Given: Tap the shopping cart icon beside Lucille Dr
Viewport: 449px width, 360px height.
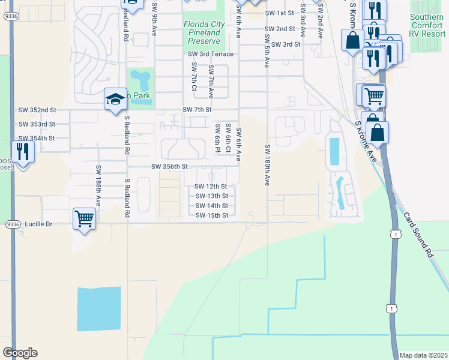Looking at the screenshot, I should [x=84, y=218].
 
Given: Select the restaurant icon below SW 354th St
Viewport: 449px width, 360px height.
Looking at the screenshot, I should [x=23, y=151].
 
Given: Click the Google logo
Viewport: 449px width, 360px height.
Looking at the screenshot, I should [x=20, y=353].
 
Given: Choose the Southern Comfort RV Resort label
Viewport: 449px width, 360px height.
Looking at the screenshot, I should [x=427, y=26].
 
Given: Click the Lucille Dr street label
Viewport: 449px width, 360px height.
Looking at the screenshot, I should [x=39, y=224].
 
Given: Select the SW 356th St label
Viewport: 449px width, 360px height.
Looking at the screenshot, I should [x=170, y=166].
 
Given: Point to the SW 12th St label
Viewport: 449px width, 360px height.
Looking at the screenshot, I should [x=211, y=187].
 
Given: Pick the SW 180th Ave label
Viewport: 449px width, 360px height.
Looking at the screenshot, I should [x=267, y=165].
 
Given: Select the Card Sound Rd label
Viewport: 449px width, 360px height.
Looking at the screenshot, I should [x=418, y=235].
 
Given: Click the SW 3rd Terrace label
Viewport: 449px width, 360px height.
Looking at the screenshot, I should [x=211, y=54].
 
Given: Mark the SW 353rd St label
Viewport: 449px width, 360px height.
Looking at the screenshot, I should [x=37, y=124].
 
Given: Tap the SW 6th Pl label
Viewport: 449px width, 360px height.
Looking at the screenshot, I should [x=217, y=139].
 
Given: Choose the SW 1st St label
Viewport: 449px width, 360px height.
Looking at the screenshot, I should [x=280, y=13].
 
